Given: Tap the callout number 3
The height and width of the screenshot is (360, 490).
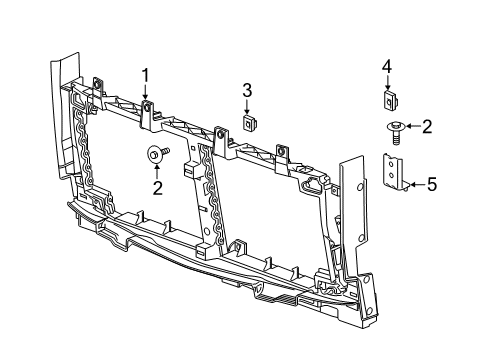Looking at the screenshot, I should (x=246, y=91).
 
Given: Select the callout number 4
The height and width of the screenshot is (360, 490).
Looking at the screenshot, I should (x=386, y=67).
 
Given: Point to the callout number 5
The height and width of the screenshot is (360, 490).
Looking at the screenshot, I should (x=432, y=184).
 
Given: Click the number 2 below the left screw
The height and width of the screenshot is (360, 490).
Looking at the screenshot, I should (x=157, y=187).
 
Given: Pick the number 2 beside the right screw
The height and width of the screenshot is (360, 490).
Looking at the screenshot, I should (x=426, y=126).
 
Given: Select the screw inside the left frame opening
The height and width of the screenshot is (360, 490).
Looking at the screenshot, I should (x=158, y=154).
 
